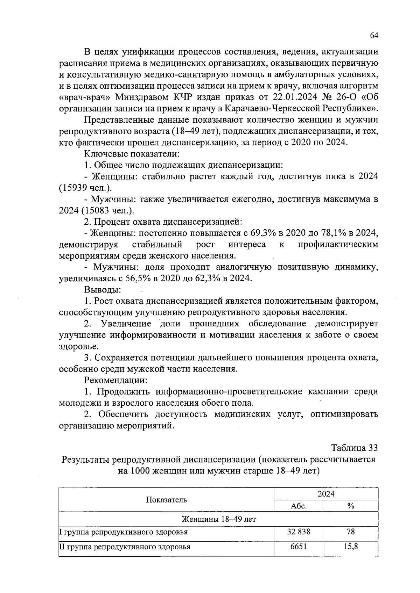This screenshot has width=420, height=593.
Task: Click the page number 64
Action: tap(374, 36)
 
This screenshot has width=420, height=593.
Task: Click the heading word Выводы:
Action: tap(103, 290)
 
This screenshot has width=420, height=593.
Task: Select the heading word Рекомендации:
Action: tap(115, 380)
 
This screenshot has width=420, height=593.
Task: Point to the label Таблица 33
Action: tap(355, 448)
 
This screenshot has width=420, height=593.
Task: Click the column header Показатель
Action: tap(166, 500)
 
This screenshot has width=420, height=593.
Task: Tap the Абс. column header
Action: tap(299, 506)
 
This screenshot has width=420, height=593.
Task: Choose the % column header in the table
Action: tap(351, 506)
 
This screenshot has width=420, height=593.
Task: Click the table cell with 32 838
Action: tap(299, 532)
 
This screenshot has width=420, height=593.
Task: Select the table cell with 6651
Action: tap(299, 547)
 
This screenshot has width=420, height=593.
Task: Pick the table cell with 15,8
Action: tap(351, 547)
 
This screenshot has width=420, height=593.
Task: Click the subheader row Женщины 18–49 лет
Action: tap(218, 519)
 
